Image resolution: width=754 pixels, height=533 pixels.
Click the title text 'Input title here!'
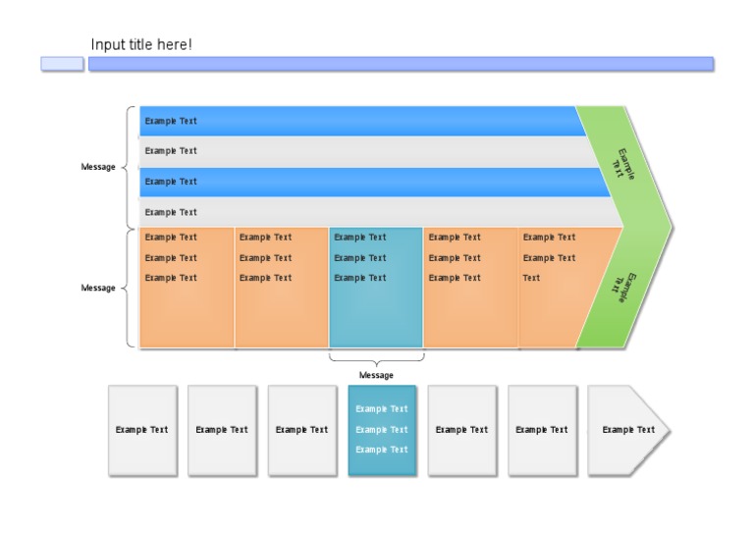141,45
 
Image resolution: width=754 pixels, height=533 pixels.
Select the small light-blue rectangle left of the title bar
62,64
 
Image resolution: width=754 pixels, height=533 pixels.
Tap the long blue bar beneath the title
401,64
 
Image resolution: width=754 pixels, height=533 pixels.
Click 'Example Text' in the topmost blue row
171,122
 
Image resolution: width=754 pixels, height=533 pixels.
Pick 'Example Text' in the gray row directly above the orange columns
171,212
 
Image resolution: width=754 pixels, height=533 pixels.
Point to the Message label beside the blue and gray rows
97,167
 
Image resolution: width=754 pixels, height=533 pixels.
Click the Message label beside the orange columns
97,289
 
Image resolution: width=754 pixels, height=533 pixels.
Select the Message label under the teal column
376,375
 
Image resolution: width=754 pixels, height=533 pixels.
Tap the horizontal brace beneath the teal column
376,359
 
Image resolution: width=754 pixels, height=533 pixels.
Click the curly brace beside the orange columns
128,289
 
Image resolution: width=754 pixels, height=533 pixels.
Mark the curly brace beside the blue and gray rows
128,167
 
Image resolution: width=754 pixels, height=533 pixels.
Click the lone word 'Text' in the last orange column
531,278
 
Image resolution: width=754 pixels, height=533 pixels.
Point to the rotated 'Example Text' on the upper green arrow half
622,163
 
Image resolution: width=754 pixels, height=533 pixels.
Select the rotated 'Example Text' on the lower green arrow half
622,288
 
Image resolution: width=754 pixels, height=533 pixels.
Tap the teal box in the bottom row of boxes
382,430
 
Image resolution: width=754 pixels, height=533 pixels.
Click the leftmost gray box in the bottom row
141,430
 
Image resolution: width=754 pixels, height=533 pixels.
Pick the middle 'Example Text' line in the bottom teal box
382,430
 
